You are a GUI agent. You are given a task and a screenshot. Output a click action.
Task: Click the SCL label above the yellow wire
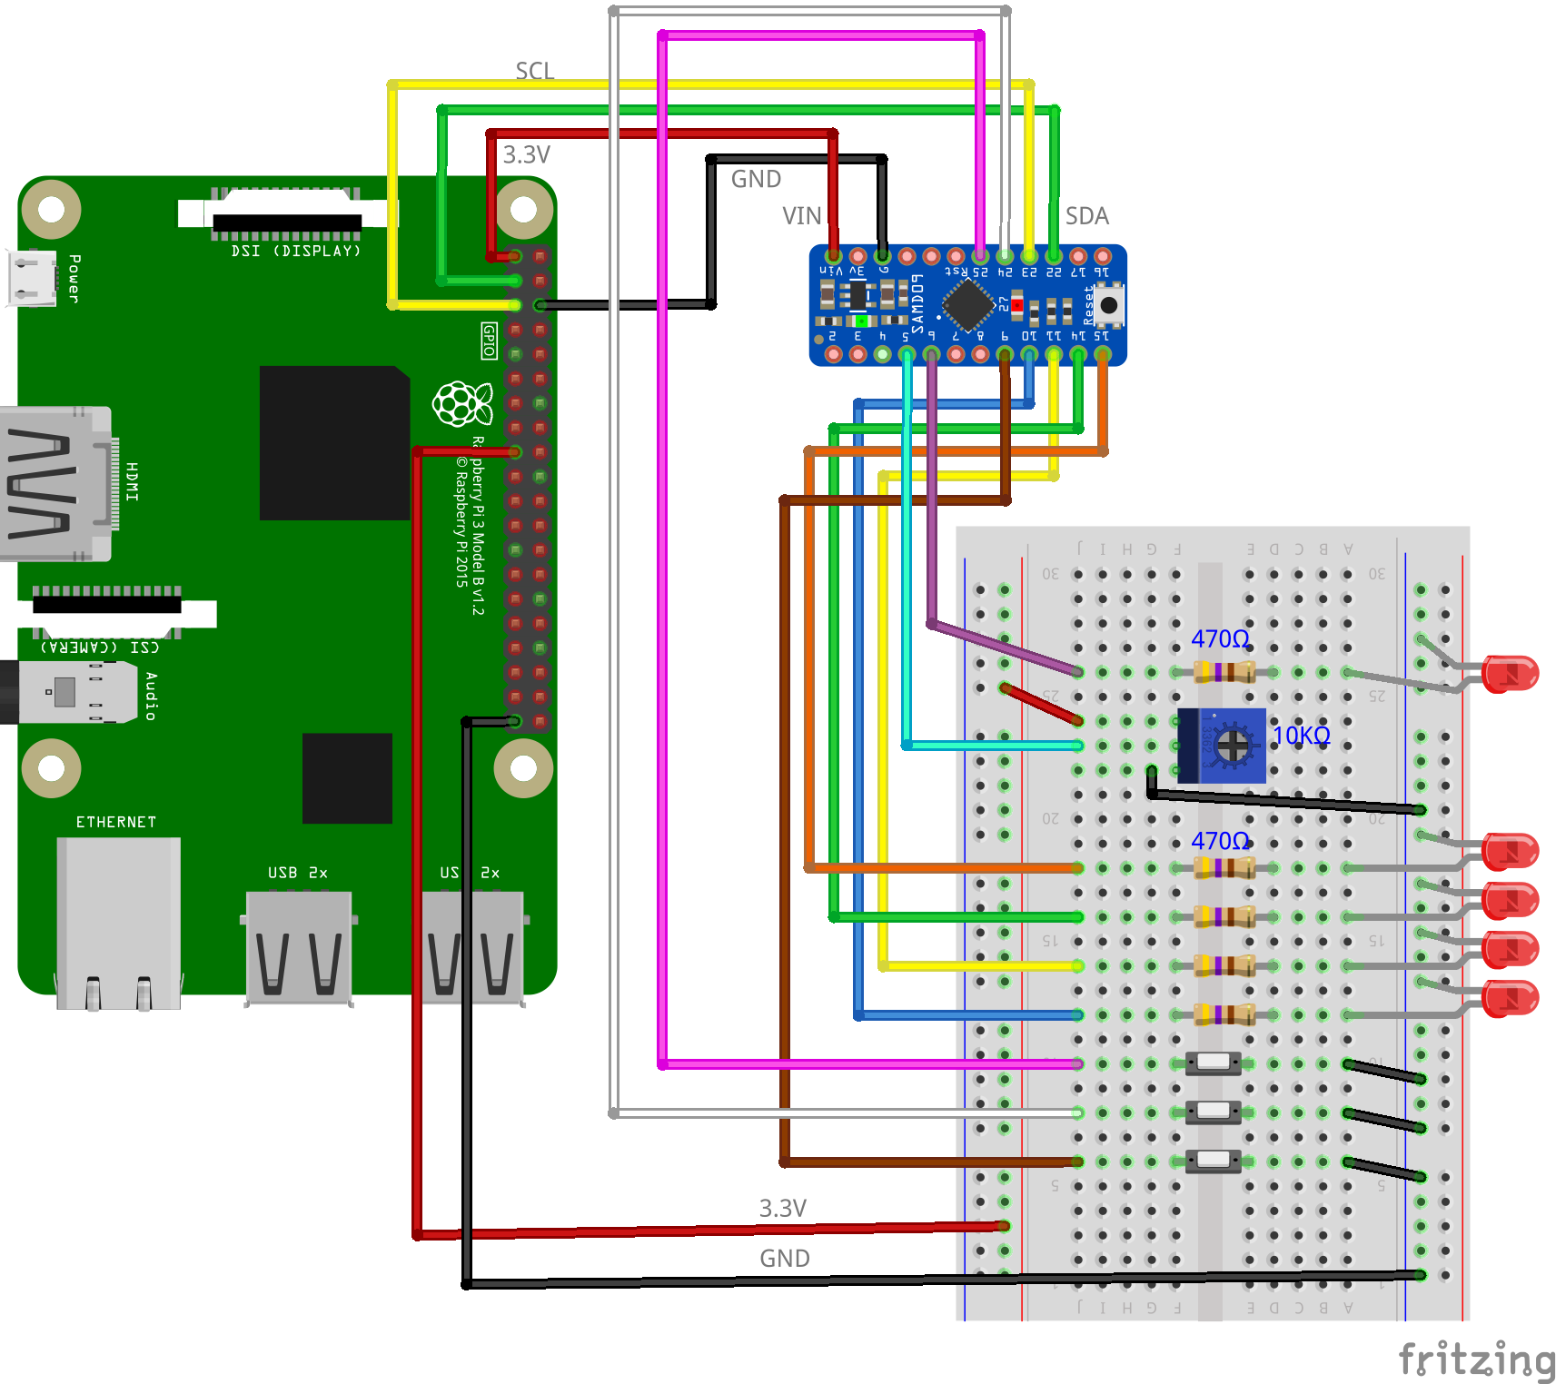click(x=534, y=71)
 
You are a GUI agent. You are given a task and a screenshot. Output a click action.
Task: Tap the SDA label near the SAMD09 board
click(x=1086, y=216)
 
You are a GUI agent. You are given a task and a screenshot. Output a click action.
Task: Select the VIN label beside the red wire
click(x=801, y=216)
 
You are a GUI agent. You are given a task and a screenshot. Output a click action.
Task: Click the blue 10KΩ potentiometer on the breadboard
click(x=1222, y=746)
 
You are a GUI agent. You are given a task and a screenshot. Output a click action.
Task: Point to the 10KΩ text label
click(x=1301, y=736)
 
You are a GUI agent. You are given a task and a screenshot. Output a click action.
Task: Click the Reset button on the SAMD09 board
click(x=1108, y=305)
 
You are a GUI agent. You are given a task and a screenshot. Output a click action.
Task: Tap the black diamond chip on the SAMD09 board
click(x=968, y=304)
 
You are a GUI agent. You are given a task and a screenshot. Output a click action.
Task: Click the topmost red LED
click(x=1509, y=674)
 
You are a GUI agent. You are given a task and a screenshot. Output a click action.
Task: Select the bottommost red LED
click(x=1509, y=998)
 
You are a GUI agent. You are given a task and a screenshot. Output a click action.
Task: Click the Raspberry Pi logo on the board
click(x=462, y=403)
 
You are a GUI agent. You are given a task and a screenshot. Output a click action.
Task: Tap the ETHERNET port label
click(x=115, y=822)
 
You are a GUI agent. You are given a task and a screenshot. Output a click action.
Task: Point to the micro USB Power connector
click(x=32, y=278)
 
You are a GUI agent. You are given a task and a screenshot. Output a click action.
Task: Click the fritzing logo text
click(x=1476, y=1360)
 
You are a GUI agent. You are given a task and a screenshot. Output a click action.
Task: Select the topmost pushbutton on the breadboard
click(x=1213, y=1063)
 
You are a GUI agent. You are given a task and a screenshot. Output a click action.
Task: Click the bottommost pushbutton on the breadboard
click(x=1213, y=1161)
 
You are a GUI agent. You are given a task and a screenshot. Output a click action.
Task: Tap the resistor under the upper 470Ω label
click(x=1224, y=672)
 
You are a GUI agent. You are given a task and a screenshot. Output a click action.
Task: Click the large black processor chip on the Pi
click(x=334, y=443)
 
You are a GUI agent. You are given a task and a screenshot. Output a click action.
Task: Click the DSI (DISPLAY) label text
click(x=295, y=251)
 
